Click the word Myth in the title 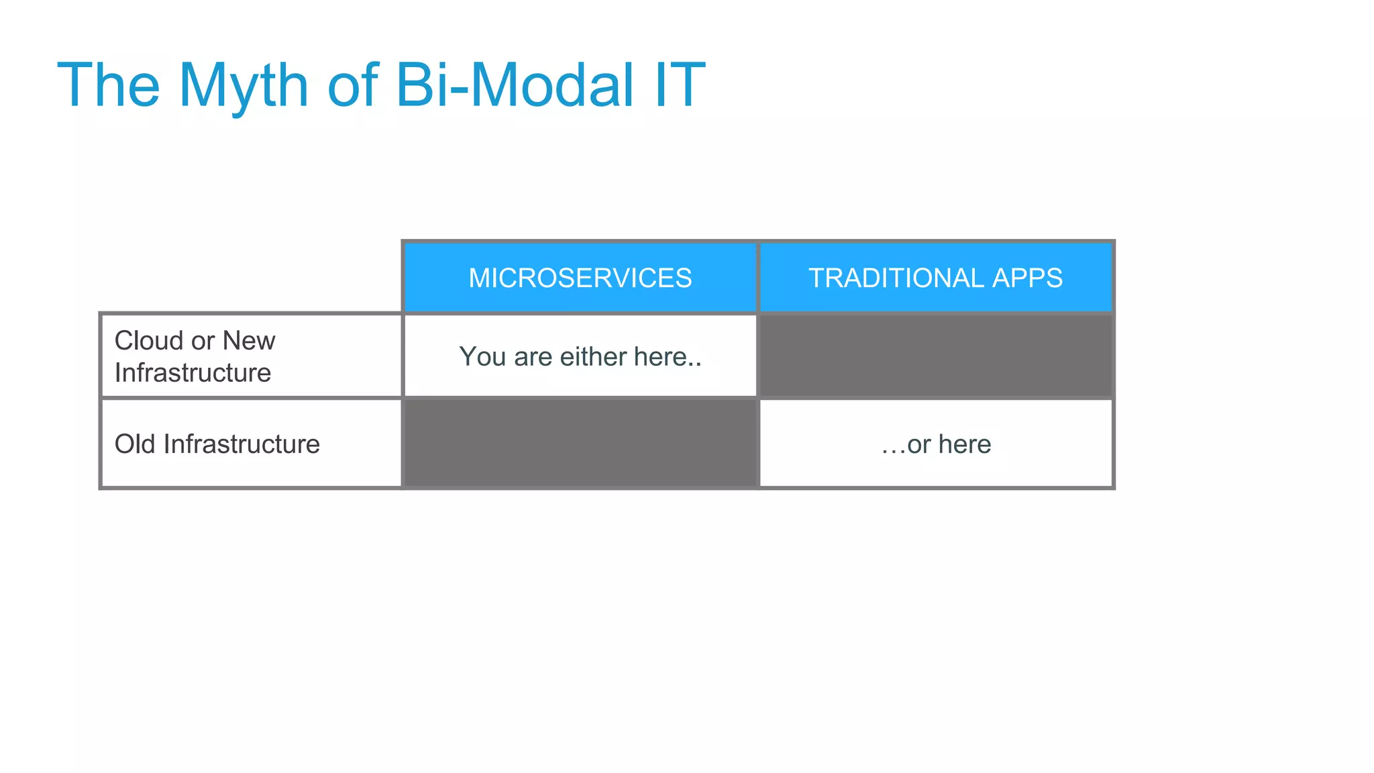coord(243,86)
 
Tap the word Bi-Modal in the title coord(514,86)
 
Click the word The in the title coord(109,86)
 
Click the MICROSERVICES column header coord(580,278)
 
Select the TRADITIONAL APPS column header coord(935,278)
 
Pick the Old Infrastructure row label coord(217,444)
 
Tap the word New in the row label coord(248,341)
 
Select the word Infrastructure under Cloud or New coord(193,373)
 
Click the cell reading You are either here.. coord(580,357)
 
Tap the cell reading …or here coord(935,444)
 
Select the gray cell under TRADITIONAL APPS coord(935,356)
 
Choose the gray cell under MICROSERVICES coord(580,444)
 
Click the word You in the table coord(482,357)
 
